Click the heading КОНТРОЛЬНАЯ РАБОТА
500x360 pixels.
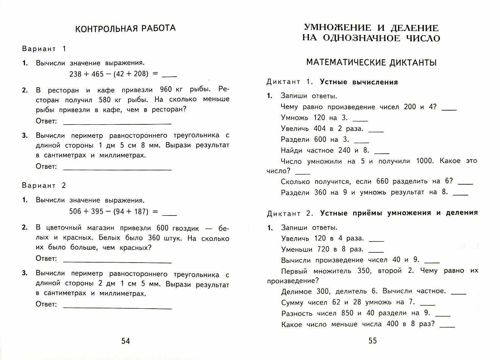click(125, 29)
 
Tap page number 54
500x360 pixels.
click(125, 341)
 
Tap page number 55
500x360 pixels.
click(373, 341)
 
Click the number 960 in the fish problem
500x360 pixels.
click(166, 90)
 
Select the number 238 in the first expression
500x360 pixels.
click(75, 74)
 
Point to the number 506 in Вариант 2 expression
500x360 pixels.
click(75, 211)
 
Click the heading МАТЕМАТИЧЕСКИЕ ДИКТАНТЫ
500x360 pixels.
click(371, 63)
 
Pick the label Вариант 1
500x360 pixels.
click(44, 49)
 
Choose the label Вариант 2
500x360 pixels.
click(44, 186)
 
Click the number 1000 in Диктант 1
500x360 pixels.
click(425, 161)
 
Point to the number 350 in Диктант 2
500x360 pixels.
click(364, 271)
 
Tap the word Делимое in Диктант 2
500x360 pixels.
click(296, 292)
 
